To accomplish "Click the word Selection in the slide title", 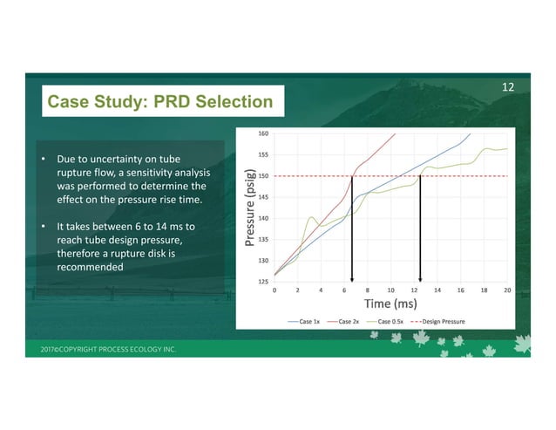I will [226, 102].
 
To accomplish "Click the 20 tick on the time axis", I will [506, 290].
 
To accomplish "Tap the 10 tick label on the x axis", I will [390, 290].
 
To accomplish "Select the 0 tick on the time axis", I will [275, 290].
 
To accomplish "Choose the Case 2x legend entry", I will [349, 322].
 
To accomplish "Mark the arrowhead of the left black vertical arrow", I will [352, 278].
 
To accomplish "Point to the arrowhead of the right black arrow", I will [421, 278].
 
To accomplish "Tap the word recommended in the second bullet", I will [90, 267].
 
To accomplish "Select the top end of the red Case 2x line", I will [395, 134].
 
